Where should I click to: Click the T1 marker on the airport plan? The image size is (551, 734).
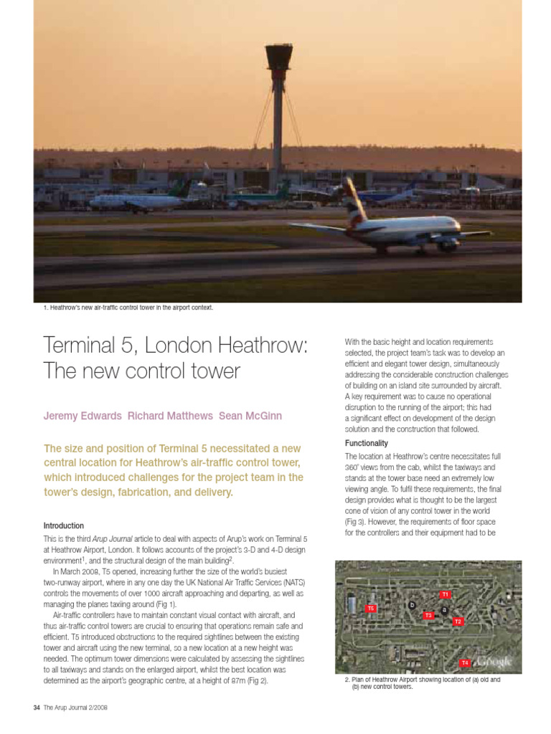click(445, 594)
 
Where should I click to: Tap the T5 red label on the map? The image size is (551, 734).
click(371, 609)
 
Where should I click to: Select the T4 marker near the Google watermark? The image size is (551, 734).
click(464, 663)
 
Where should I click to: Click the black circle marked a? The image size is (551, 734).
click(444, 610)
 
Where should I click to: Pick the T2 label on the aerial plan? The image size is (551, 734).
click(458, 621)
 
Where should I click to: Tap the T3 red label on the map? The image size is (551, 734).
click(428, 616)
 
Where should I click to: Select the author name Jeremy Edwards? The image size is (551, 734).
click(83, 416)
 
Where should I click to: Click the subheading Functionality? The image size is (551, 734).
click(367, 443)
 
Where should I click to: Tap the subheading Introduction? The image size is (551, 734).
click(64, 525)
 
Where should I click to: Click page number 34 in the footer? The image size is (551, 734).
click(37, 708)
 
